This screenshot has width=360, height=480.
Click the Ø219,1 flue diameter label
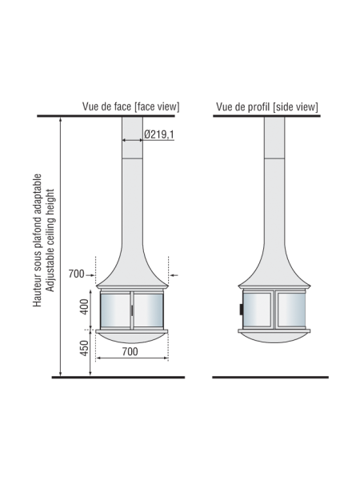[x=160, y=134]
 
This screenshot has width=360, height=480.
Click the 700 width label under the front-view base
[x=130, y=350]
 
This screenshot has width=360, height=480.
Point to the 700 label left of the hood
[x=76, y=274]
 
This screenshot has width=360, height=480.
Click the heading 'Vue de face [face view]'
[x=130, y=106]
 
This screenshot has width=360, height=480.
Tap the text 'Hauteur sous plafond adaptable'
[x=37, y=240]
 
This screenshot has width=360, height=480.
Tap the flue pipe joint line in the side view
[x=272, y=158]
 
